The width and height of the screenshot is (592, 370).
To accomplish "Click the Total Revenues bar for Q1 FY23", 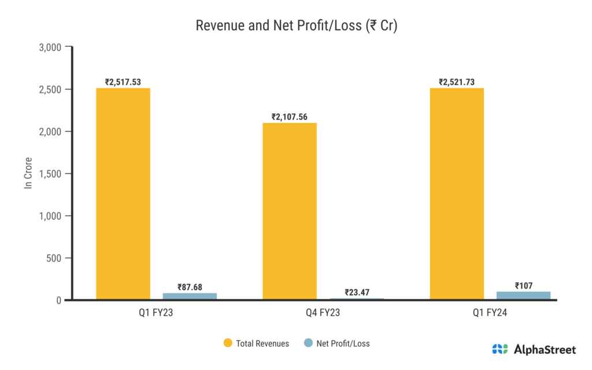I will [123, 194].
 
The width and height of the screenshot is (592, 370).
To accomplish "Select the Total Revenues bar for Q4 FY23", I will [290, 211].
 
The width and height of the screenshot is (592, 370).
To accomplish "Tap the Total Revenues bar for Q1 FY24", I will [457, 194].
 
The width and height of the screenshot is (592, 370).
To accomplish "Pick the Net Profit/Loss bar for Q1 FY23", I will [190, 296].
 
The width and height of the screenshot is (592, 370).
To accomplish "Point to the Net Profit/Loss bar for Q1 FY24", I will [524, 295].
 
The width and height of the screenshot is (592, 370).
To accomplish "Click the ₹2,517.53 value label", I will [123, 82].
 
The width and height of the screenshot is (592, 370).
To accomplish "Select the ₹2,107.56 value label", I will [290, 117].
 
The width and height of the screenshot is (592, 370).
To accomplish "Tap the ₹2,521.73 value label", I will [457, 82].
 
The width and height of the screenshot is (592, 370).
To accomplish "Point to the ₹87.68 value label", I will [190, 287].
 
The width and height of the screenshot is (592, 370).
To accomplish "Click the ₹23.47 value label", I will [356, 292].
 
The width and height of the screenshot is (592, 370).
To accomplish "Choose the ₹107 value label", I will [524, 285].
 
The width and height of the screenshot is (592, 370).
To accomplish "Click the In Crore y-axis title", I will [28, 173].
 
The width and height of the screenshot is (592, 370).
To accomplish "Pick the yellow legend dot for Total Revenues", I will [228, 343].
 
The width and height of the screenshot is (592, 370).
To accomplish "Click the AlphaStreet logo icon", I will [500, 349].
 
